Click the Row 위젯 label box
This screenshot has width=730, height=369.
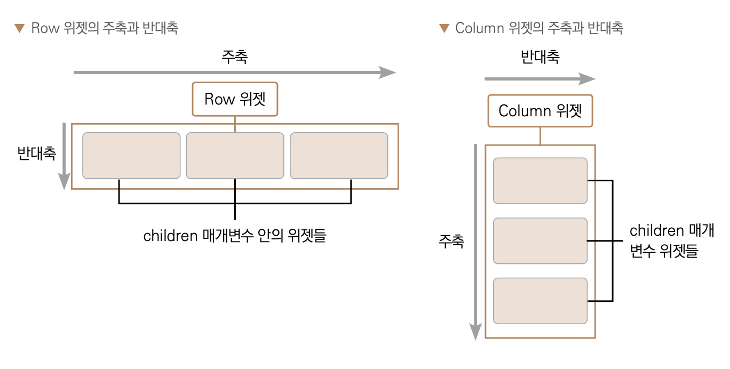[235, 99]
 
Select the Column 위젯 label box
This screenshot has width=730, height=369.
[540, 111]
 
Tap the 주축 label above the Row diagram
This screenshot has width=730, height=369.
[234, 57]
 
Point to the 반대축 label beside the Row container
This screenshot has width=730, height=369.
[36, 154]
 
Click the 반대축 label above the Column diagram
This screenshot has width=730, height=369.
[540, 57]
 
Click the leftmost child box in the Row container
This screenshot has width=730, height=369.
[131, 156]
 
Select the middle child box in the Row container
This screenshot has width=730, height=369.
[235, 156]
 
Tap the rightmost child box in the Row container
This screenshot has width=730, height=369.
[339, 156]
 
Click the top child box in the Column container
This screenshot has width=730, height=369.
[540, 181]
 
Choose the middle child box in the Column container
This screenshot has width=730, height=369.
[540, 240]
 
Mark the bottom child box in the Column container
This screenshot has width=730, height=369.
[540, 301]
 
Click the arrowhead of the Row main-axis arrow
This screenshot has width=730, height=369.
[388, 73]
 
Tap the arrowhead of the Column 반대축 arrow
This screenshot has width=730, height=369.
[588, 79]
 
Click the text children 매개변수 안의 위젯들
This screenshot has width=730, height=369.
[234, 236]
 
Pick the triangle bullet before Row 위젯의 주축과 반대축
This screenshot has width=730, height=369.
[20, 28]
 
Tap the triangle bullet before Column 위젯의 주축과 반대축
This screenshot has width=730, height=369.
[444, 28]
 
